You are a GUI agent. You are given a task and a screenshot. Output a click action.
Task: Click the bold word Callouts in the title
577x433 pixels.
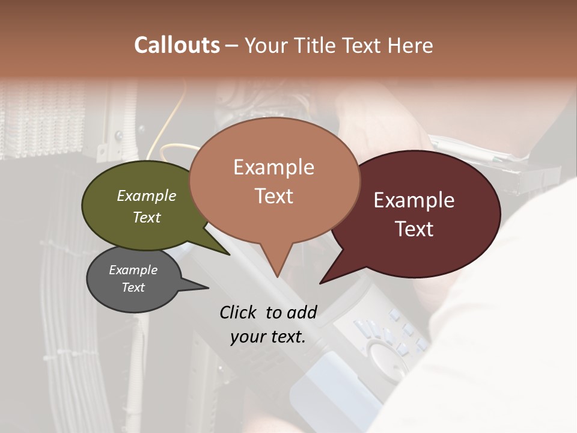click(177, 45)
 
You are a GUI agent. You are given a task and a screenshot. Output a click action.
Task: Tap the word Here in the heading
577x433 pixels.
click(410, 45)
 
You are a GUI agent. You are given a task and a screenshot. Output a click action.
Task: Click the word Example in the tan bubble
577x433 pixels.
click(273, 167)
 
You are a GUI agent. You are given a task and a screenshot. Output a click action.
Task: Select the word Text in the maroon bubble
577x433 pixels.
click(414, 229)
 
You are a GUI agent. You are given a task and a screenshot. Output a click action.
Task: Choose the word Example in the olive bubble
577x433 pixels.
click(147, 195)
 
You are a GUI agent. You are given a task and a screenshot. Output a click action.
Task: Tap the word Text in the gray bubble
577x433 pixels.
click(133, 287)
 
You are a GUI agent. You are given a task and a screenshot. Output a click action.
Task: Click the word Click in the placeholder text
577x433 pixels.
click(240, 312)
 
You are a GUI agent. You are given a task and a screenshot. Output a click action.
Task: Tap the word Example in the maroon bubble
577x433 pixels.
click(414, 200)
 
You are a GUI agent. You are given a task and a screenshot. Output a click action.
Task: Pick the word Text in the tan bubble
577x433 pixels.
click(274, 195)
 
